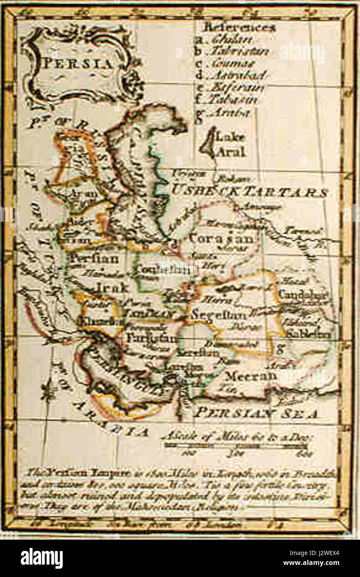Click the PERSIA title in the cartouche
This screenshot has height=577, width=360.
(78, 64)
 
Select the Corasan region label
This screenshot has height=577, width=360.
(221, 239)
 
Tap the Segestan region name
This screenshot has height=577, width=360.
(216, 314)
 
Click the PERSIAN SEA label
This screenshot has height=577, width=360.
(256, 413)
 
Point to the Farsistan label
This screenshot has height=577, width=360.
(152, 337)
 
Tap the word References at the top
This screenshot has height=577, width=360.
(239, 28)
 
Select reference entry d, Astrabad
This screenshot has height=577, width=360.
(237, 76)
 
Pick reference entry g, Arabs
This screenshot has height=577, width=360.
(230, 112)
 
